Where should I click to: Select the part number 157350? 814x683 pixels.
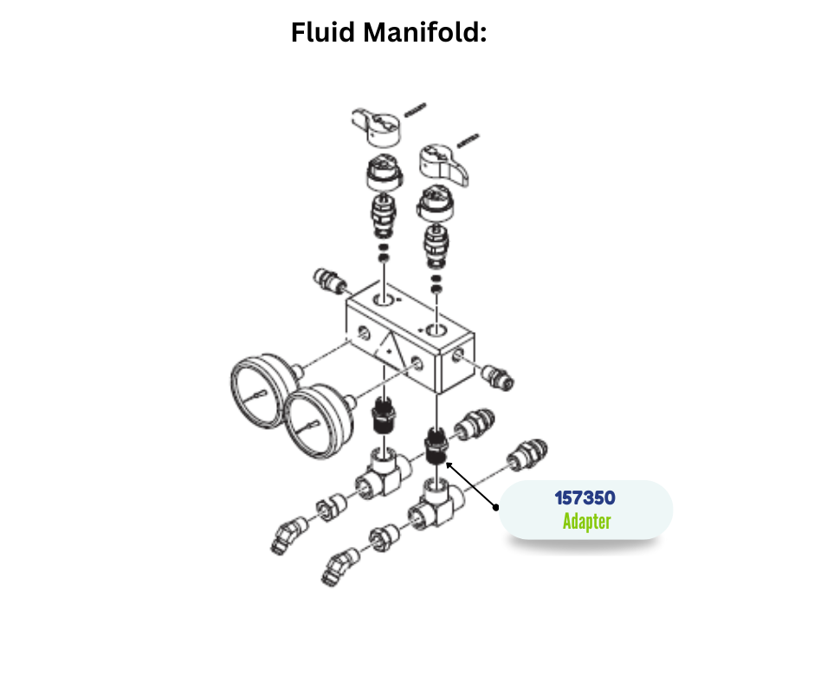coord(585,499)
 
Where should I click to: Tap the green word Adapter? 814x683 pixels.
coord(586,522)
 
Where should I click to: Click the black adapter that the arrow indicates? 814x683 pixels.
coord(435,446)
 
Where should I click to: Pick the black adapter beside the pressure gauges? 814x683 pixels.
coord(384,418)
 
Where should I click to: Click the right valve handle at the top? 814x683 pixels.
coord(443,164)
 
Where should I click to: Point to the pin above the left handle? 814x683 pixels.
coord(415,109)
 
